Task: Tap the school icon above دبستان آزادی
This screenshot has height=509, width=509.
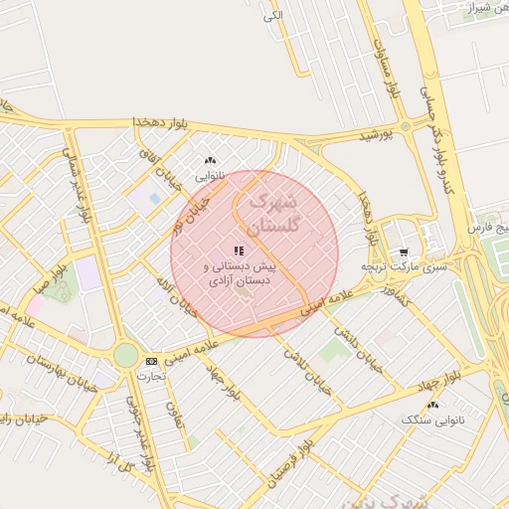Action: (x=238, y=251)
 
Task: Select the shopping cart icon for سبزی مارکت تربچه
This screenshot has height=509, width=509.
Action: (x=403, y=253)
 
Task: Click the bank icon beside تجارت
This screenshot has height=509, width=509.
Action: (x=150, y=361)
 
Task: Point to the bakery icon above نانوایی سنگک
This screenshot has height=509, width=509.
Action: (x=431, y=405)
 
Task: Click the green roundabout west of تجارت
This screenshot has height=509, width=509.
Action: (x=125, y=355)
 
